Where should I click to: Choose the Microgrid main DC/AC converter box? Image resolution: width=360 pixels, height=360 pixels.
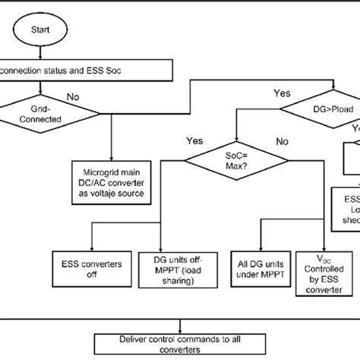pos(112,171)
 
